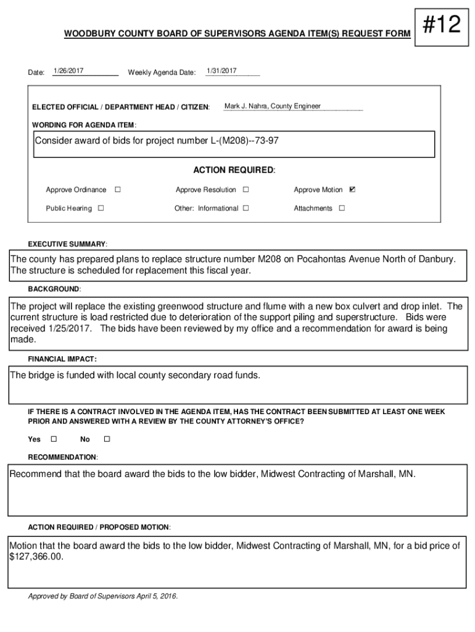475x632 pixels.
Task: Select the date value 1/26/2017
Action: (68, 72)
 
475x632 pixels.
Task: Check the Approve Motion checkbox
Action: (352, 189)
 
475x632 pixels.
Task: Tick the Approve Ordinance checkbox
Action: (117, 189)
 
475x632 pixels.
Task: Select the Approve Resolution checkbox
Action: (246, 189)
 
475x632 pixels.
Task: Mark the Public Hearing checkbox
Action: (101, 208)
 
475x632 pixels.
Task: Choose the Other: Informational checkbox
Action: (246, 208)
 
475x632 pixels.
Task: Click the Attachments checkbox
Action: (342, 208)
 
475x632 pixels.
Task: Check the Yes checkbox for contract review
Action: (53, 439)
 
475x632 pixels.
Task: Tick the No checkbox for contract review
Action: (106, 439)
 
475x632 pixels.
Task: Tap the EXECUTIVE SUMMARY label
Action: (68, 244)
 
